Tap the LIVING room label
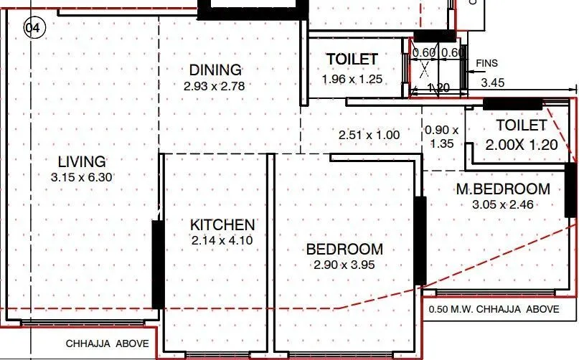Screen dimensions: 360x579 coord(82,161)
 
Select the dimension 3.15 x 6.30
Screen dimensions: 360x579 coord(82,176)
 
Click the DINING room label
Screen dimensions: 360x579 coord(215,70)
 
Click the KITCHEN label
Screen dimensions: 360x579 coord(222,225)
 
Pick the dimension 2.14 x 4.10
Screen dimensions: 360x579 coord(222,241)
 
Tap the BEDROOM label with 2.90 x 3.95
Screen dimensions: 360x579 coord(344,250)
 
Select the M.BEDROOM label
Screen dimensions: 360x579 coord(504,189)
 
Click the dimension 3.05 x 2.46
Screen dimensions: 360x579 coord(504,204)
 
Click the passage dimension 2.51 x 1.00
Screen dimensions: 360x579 coord(369,134)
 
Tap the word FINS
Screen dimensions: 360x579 coord(487,64)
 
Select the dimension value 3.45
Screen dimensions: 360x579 coord(492,83)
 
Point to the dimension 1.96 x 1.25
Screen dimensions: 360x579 coord(352,78)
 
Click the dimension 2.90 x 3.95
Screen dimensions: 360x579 coord(344,265)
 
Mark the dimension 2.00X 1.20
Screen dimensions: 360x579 coord(522,144)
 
